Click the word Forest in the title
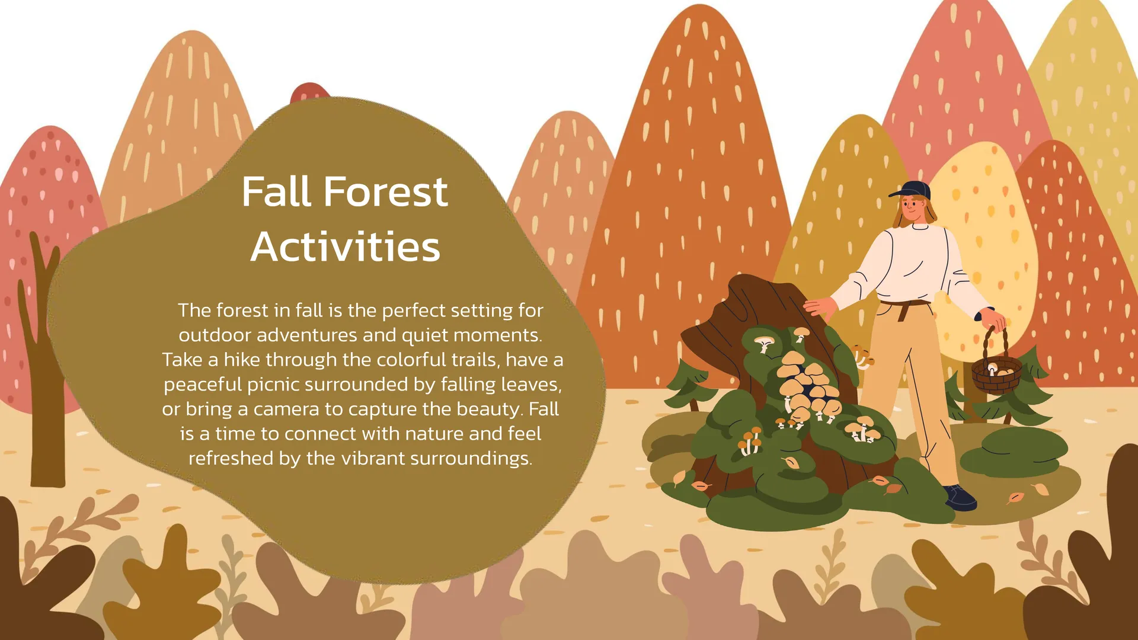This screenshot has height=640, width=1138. point(386,192)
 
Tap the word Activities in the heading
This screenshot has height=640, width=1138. point(346,247)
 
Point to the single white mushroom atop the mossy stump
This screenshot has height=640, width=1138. point(764,343)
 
